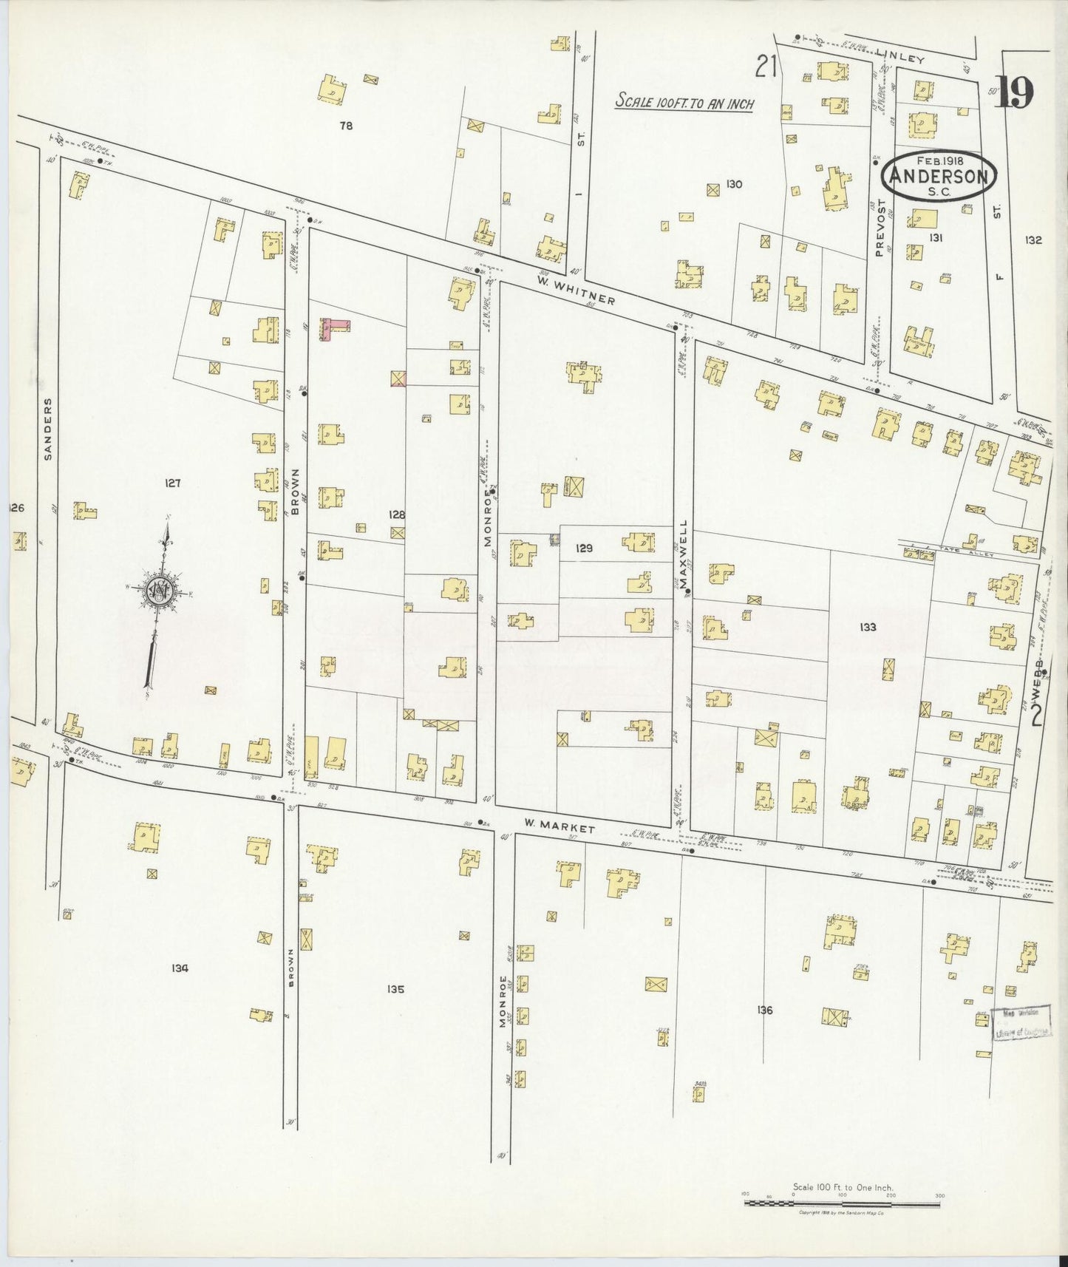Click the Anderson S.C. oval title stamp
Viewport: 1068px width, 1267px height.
coord(939,176)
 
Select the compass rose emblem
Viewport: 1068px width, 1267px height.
coord(158,589)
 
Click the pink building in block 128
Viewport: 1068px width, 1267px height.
coord(333,327)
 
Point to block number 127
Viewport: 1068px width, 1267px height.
coord(172,483)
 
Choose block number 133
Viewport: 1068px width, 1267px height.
coord(868,627)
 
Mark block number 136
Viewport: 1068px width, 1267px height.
coord(764,1010)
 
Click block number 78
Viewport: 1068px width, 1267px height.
coord(345,126)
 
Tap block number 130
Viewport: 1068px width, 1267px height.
coord(733,184)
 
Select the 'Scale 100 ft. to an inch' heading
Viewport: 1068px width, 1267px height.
coord(684,103)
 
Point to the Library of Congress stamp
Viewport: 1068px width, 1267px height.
coord(1022,1024)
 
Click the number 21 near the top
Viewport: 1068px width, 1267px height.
coord(766,68)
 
